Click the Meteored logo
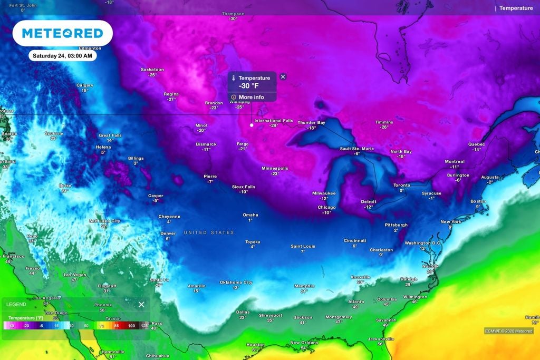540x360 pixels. point(62,34)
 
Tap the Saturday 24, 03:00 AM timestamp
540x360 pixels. point(62,55)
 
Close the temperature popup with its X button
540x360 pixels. point(283,76)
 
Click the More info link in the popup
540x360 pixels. point(251,97)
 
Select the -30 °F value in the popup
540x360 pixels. point(248,86)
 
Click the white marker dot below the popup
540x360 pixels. point(252,125)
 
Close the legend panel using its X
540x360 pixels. point(141,304)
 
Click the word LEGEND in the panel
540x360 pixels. point(16,305)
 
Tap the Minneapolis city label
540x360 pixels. point(275,168)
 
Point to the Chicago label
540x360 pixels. point(326,207)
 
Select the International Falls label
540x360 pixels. point(273,121)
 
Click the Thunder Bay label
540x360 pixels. point(311,122)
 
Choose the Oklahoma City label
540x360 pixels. point(236,283)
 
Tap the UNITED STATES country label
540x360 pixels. point(208,232)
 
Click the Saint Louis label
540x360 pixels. point(303,246)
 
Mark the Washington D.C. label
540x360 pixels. point(422,243)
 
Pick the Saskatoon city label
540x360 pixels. point(152,70)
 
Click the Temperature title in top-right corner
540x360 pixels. point(516,8)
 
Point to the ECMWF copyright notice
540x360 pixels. point(509,331)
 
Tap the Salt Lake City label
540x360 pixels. point(104,221)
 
